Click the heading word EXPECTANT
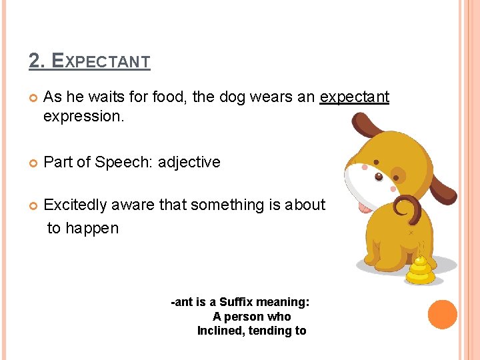pyautogui.click(x=101, y=61)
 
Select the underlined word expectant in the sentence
pyautogui.click(x=354, y=97)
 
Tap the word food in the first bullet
pyautogui.click(x=169, y=97)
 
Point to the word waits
pyautogui.click(x=108, y=97)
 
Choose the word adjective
pyautogui.click(x=189, y=162)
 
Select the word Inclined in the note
pyautogui.click(x=221, y=331)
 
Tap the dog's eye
pyautogui.click(x=379, y=177)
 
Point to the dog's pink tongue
pyautogui.click(x=365, y=206)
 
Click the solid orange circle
pyautogui.click(x=442, y=315)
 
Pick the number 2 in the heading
pyautogui.click(x=34, y=61)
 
